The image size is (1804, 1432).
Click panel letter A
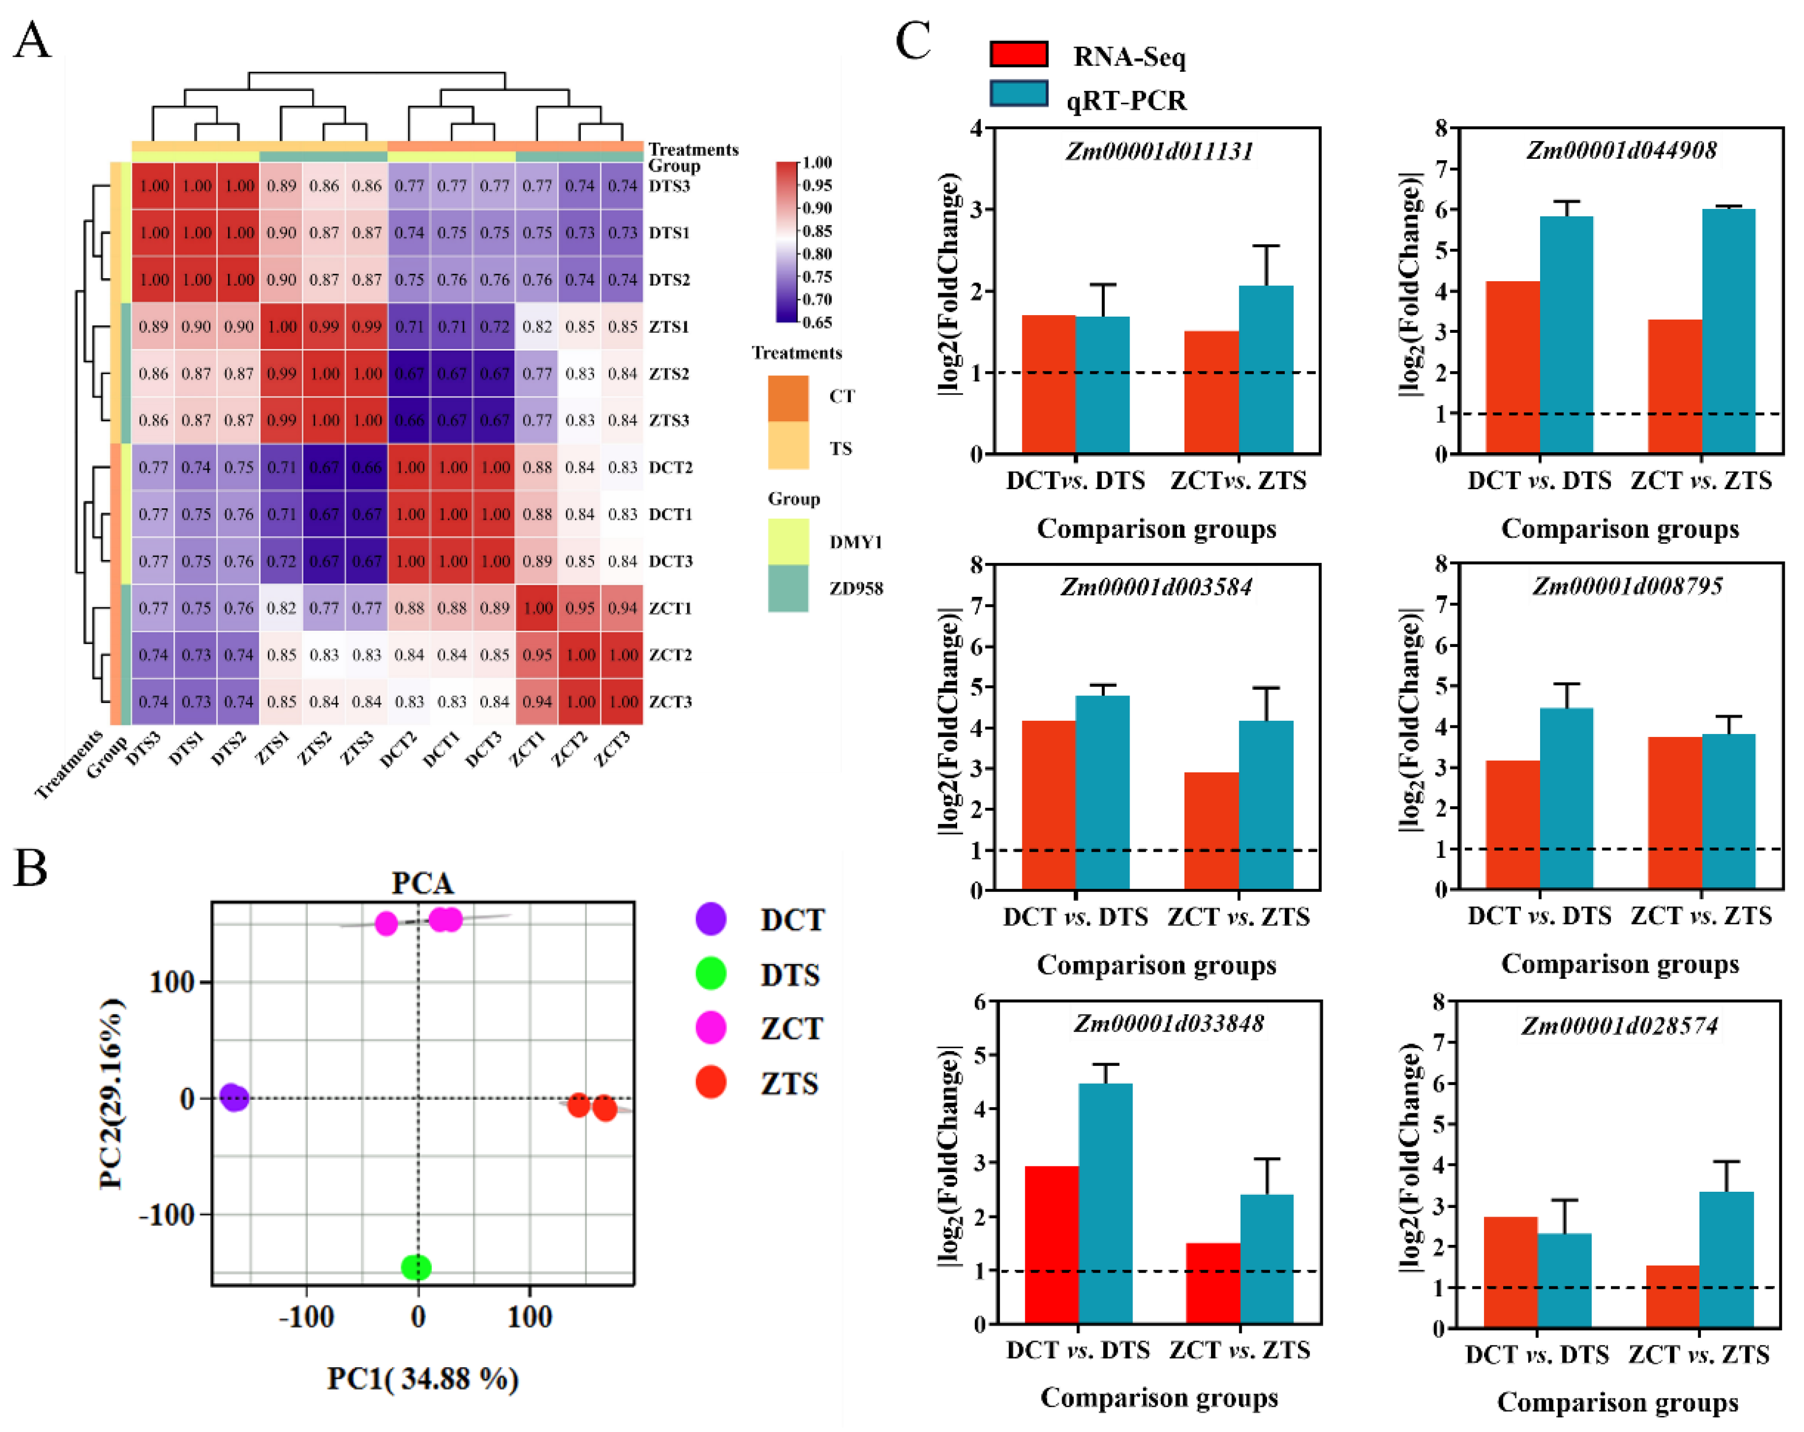click(32, 40)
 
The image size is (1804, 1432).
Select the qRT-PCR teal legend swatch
click(1018, 94)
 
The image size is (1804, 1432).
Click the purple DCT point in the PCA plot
click(234, 1097)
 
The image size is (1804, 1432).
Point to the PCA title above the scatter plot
click(423, 883)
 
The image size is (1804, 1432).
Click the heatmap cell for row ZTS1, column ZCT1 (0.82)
click(537, 326)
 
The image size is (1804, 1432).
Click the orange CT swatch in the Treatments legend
click(788, 398)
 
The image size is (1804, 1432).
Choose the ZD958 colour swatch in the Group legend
click(788, 588)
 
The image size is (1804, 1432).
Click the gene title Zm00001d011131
click(1159, 151)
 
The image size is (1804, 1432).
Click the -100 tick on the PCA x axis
click(306, 1317)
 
